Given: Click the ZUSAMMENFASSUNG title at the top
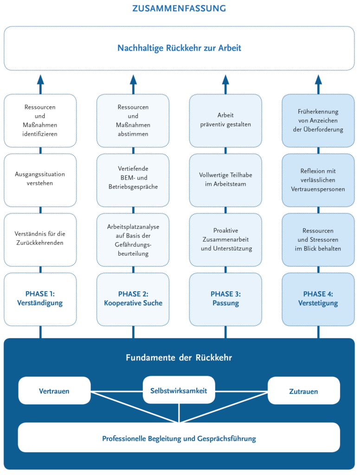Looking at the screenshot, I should pos(179,8).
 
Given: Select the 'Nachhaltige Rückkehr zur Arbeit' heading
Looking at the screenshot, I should pos(179,48).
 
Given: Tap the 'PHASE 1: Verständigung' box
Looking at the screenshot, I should pos(40,299).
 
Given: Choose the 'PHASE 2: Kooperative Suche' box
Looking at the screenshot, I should pos(133,299).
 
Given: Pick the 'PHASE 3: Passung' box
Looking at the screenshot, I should pos(225,299).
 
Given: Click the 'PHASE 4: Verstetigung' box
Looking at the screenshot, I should pos(318,299).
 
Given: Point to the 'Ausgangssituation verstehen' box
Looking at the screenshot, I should pos(40,179).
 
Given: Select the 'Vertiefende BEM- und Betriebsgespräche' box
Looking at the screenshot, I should pos(133,179).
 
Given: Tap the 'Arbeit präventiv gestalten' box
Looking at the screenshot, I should pos(225,120).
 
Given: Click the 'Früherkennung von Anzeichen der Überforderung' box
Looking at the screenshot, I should pos(318,120).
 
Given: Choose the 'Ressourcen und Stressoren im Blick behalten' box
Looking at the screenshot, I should pos(318,239).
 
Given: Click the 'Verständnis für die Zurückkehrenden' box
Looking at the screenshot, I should pos(40,239).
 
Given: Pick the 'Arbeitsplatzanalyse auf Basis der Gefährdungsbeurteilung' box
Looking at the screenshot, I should pos(133,239).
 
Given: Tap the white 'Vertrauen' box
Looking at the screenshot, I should pos(54,391).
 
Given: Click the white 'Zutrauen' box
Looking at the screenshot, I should pos(304,391).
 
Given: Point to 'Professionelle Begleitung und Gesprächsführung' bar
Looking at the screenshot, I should pos(179,437).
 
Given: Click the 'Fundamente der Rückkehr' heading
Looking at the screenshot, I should pos(179,358).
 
